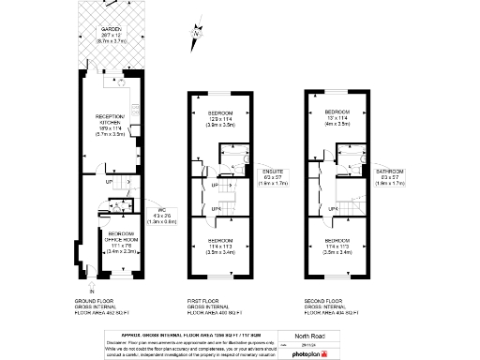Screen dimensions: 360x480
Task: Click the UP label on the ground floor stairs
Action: click(109, 182)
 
